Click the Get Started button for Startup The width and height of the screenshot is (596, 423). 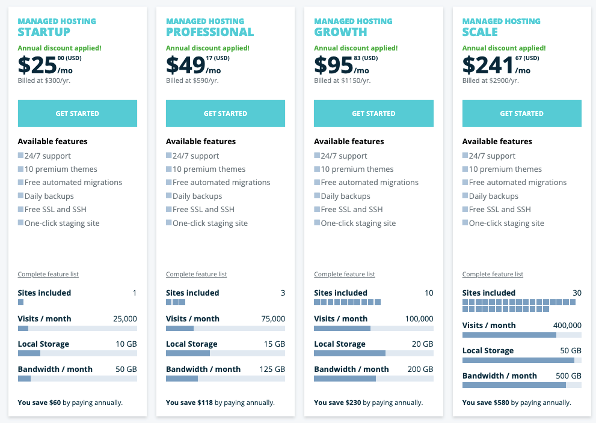coord(77,114)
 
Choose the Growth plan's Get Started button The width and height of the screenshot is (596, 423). coord(373,114)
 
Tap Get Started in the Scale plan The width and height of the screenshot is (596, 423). coord(521,114)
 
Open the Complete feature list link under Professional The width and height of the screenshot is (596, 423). coord(196,275)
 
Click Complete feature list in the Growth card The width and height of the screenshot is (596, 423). coord(345,275)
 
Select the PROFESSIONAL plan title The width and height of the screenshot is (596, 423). coord(210,32)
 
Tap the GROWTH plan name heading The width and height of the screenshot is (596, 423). coord(340,32)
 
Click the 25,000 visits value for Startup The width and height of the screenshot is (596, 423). coord(125,319)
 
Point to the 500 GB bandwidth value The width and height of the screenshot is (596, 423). coord(568,376)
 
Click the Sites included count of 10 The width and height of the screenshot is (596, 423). coord(428,293)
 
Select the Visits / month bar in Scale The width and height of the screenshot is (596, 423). coord(521,335)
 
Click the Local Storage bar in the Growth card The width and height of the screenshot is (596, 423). coord(373,353)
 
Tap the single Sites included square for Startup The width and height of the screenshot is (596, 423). coord(21,302)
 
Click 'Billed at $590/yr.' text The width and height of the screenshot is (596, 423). coord(192,81)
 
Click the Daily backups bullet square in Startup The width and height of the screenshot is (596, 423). coord(21,196)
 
